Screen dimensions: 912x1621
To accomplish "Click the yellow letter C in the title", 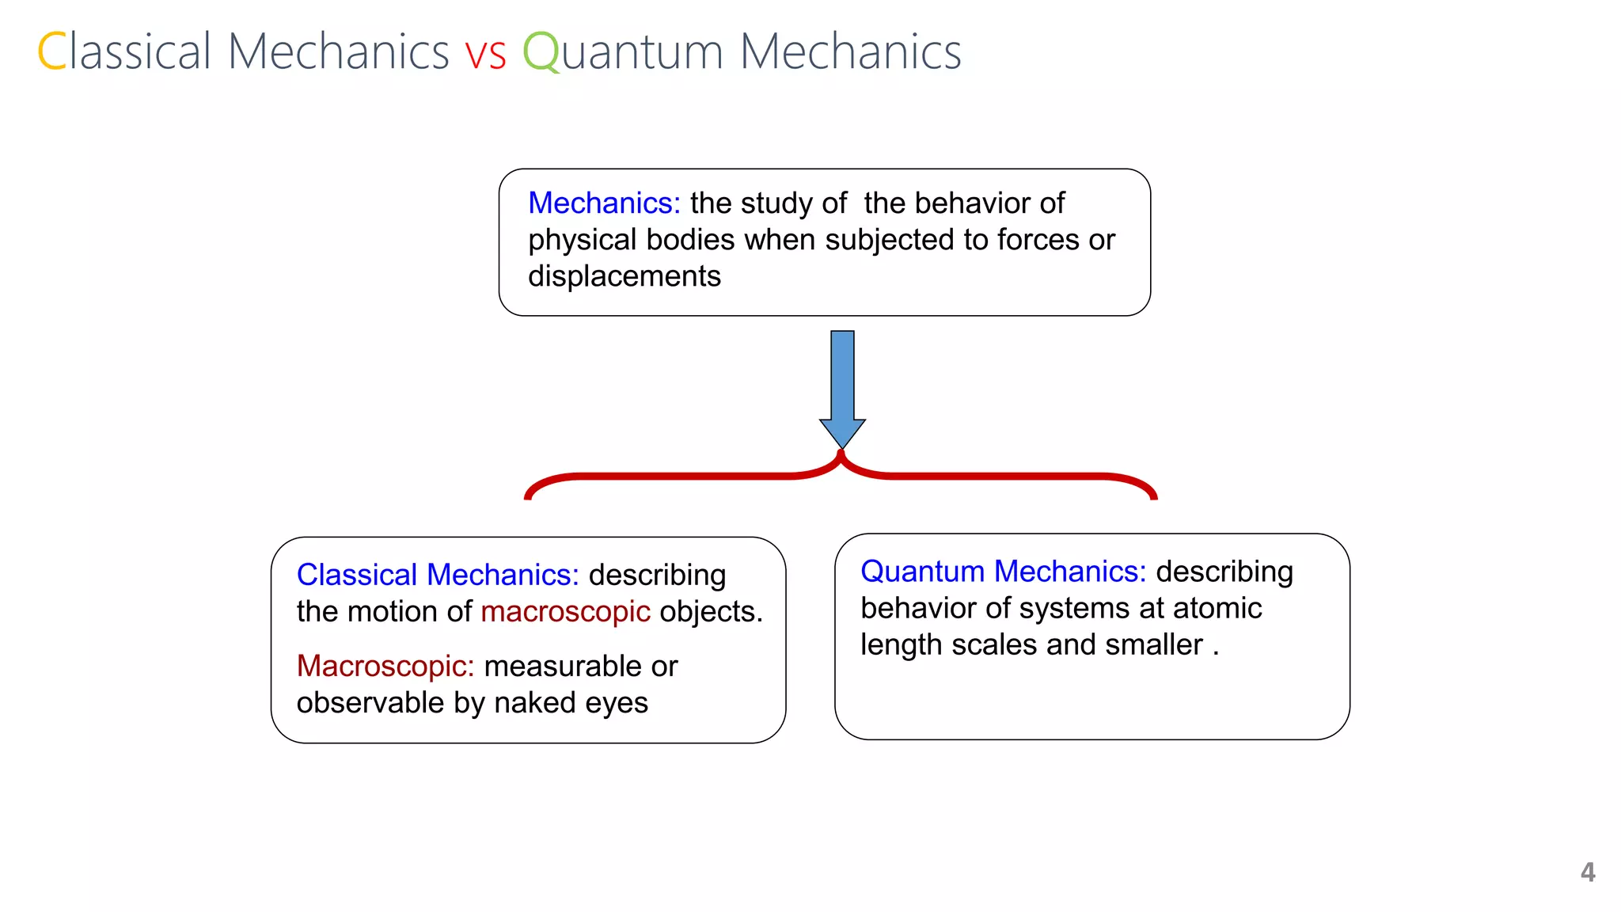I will tap(52, 51).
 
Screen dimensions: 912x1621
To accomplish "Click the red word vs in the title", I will tap(485, 54).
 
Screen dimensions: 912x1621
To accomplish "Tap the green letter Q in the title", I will tap(541, 52).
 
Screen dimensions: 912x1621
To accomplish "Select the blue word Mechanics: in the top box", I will tap(604, 203).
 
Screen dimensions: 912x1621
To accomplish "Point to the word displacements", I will tap(624, 276).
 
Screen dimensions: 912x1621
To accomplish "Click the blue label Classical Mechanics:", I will tap(438, 575).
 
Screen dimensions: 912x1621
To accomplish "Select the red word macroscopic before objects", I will tap(565, 611).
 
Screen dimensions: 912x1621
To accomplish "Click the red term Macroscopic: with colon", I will tap(385, 667).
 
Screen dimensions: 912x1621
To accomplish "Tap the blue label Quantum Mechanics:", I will tap(1003, 572).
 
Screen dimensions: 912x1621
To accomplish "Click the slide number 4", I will tap(1587, 872).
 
